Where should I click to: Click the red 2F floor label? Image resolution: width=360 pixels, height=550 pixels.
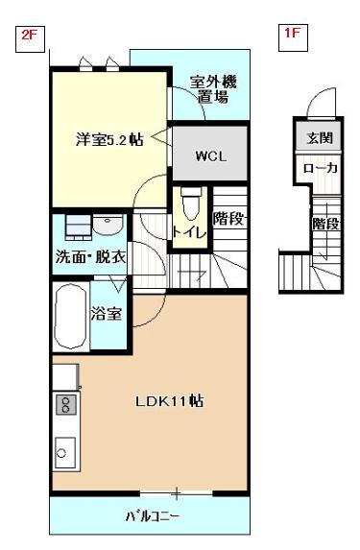click(x=30, y=35)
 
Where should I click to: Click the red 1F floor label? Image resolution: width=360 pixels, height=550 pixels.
click(x=292, y=34)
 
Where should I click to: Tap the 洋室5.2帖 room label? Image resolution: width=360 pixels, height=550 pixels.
click(x=109, y=139)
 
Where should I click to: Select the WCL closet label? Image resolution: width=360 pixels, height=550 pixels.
click(x=211, y=156)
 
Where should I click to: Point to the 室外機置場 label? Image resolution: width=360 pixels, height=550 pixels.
click(x=214, y=89)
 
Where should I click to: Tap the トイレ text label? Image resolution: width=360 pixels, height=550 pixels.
click(x=189, y=232)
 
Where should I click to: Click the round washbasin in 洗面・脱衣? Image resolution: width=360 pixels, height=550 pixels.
click(x=108, y=225)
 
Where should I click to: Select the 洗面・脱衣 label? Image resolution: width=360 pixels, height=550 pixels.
click(x=90, y=257)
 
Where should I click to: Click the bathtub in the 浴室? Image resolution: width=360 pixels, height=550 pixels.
click(x=70, y=316)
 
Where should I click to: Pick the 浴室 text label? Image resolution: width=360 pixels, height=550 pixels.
click(x=107, y=313)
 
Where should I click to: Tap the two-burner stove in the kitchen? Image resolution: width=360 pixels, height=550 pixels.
click(x=65, y=404)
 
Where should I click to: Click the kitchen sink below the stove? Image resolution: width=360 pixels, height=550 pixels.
click(x=65, y=452)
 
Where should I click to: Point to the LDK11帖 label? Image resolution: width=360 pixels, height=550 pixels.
click(x=170, y=401)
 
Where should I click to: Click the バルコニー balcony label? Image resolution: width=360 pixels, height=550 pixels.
click(x=153, y=516)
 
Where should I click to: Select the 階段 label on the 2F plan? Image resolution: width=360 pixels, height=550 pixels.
click(x=228, y=219)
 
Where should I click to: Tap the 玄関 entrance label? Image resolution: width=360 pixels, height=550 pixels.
click(x=320, y=138)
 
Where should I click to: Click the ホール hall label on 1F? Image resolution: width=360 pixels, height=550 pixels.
click(x=320, y=168)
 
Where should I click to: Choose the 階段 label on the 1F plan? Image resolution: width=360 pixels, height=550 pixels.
click(x=326, y=224)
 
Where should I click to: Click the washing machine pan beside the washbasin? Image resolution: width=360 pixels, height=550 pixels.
click(x=79, y=227)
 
